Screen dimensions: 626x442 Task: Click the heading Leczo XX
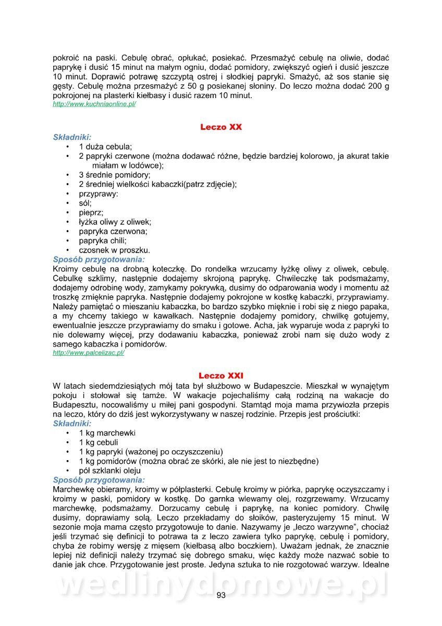(221, 127)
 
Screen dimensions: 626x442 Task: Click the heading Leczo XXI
(221, 376)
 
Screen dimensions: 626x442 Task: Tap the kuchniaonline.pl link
(94, 104)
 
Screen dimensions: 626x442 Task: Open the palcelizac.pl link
(89, 353)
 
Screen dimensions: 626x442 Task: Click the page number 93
(221, 596)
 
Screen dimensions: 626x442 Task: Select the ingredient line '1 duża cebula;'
(105, 147)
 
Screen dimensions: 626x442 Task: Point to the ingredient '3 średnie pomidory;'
(115, 175)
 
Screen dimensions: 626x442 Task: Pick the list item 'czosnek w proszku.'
(114, 250)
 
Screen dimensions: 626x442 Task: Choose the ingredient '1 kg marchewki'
(107, 433)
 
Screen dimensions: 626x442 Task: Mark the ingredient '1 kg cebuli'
(99, 442)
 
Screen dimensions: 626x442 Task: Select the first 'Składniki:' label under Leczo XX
(72, 137)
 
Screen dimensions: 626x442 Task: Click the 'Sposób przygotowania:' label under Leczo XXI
(99, 480)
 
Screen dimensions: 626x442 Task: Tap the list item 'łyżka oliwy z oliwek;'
(115, 222)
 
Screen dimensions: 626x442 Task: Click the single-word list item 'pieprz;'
(91, 212)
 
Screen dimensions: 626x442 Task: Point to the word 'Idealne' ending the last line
(375, 565)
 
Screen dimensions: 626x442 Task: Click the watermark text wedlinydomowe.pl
(221, 585)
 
